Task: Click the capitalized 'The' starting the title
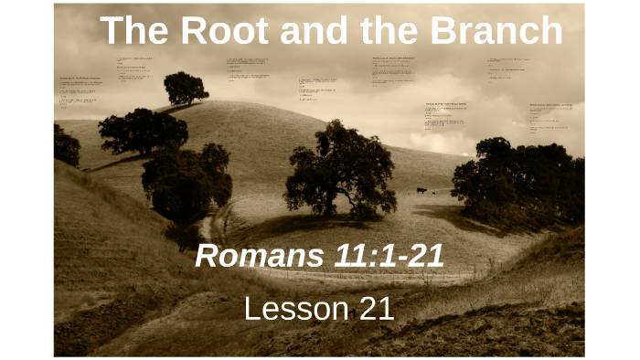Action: [x=132, y=31]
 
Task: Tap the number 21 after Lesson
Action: [x=374, y=309]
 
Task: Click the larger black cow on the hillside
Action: [x=421, y=190]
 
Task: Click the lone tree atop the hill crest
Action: [x=186, y=88]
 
